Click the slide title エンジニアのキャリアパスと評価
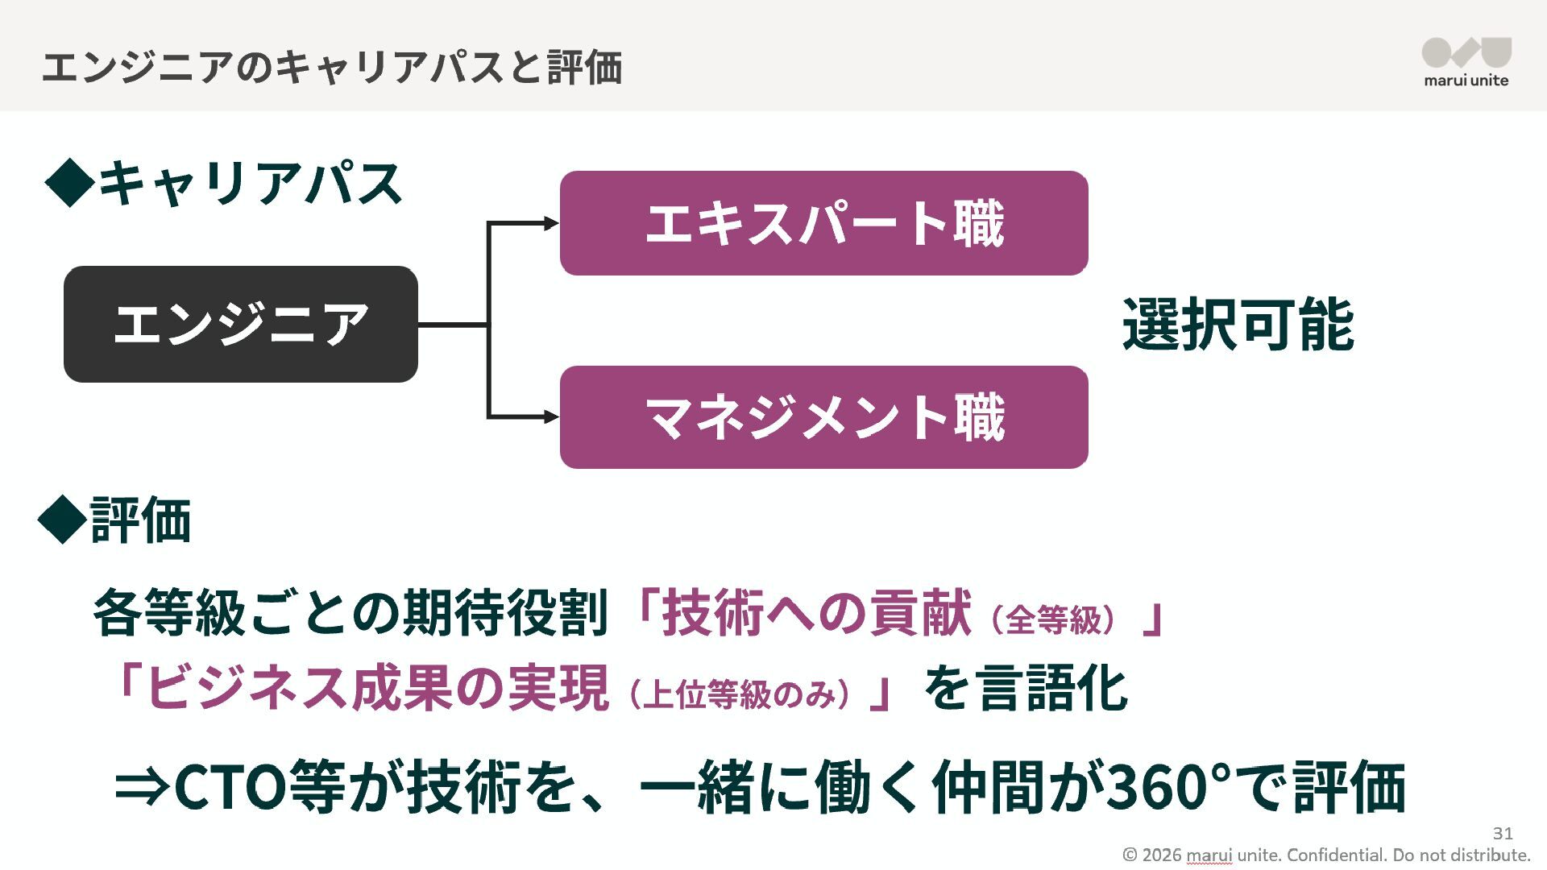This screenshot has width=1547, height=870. click(x=331, y=67)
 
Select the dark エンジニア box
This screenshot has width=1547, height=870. click(x=240, y=324)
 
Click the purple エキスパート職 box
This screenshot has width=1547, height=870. click(x=823, y=223)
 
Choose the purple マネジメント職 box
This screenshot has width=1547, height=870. click(x=823, y=417)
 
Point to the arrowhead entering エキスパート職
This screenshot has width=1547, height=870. click(x=552, y=223)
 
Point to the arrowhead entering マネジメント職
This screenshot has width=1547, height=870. click(x=552, y=416)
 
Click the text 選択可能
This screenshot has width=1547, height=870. click(x=1238, y=325)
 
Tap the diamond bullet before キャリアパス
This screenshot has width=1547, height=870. click(x=70, y=183)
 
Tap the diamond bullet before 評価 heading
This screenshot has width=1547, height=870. click(x=62, y=520)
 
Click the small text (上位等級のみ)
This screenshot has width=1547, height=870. click(x=739, y=694)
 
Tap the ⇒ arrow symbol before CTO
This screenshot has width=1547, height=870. click(x=142, y=786)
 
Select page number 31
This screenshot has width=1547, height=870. click(x=1503, y=833)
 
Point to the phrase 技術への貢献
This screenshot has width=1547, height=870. click(x=816, y=614)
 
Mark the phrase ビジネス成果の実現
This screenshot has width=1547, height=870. click(x=377, y=689)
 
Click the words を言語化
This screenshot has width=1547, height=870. click(x=1025, y=689)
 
